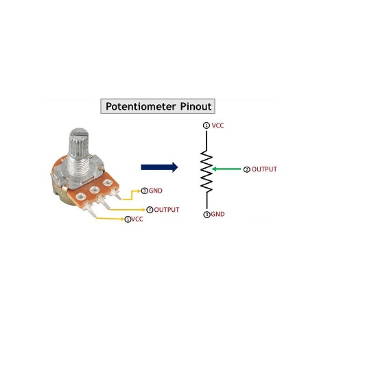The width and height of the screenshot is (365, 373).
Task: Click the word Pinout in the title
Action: [196, 106]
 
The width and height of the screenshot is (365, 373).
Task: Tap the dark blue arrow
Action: [159, 167]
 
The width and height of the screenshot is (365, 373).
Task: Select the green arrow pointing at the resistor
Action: [226, 169]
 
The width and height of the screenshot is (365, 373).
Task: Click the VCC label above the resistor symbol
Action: [217, 125]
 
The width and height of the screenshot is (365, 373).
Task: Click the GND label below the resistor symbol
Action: [217, 214]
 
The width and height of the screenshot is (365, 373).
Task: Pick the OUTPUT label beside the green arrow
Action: [264, 169]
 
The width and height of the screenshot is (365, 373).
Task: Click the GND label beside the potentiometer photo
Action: [156, 191]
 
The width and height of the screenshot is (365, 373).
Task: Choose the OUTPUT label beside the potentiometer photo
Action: [167, 210]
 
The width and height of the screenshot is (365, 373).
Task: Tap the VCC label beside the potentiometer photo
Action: [137, 219]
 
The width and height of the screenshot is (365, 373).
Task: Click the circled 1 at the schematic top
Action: [207, 125]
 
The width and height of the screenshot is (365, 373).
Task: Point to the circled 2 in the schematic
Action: [247, 169]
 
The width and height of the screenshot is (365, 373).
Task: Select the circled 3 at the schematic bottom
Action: [207, 215]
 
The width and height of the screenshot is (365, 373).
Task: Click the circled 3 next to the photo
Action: [145, 191]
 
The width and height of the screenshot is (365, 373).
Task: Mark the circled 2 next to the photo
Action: [150, 210]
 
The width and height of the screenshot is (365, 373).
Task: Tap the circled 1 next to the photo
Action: [128, 219]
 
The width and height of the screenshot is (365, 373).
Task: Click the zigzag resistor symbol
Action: [207, 171]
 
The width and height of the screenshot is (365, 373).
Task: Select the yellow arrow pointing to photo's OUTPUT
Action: [128, 210]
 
